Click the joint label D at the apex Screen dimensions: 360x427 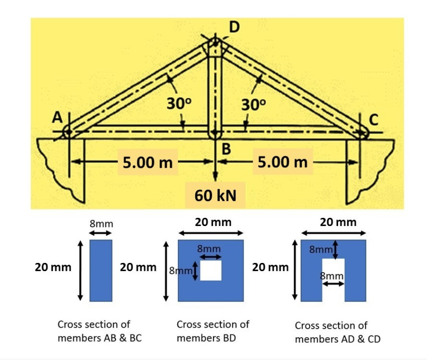pyautogui.click(x=234, y=27)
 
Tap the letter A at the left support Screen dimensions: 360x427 pyautogui.click(x=57, y=118)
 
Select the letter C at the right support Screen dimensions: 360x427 pyautogui.click(x=374, y=120)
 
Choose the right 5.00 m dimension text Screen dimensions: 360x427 pyautogui.click(x=283, y=161)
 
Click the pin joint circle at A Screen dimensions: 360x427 pyautogui.click(x=68, y=132)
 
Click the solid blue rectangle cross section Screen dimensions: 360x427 pyautogui.click(x=101, y=270)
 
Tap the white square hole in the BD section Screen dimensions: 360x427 pyautogui.click(x=211, y=271)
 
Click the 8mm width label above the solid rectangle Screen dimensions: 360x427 pyautogui.click(x=101, y=224)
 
